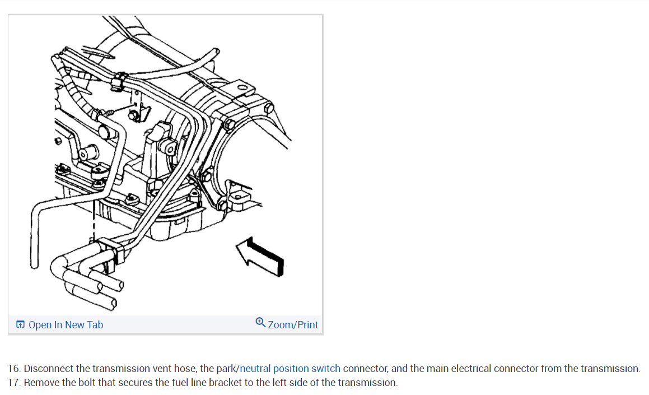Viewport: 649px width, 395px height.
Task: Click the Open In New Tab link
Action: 66,325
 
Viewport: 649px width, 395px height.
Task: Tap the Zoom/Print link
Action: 293,325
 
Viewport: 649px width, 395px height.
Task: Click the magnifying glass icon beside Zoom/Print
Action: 260,323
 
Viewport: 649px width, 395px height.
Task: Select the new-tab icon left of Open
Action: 20,325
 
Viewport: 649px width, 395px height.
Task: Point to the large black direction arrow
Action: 260,256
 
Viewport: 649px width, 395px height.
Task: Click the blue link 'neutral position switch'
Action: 290,369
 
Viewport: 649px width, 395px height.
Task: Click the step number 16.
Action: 13,369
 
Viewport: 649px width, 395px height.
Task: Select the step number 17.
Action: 13,383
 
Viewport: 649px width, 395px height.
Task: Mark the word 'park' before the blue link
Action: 226,369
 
